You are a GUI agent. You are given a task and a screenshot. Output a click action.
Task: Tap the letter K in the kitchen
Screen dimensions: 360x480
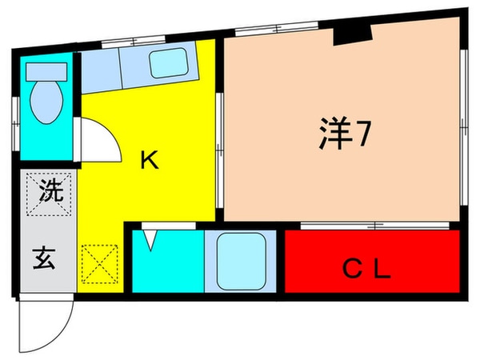tap(149, 161)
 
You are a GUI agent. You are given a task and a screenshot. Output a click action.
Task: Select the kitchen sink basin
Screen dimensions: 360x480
tap(168, 62)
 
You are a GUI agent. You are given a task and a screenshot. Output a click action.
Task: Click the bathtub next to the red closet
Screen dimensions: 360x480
tap(240, 262)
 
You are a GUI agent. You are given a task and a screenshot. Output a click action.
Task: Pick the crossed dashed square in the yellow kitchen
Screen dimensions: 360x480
tap(100, 263)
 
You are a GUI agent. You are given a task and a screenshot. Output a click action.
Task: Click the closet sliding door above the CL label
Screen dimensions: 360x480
tap(372, 226)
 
